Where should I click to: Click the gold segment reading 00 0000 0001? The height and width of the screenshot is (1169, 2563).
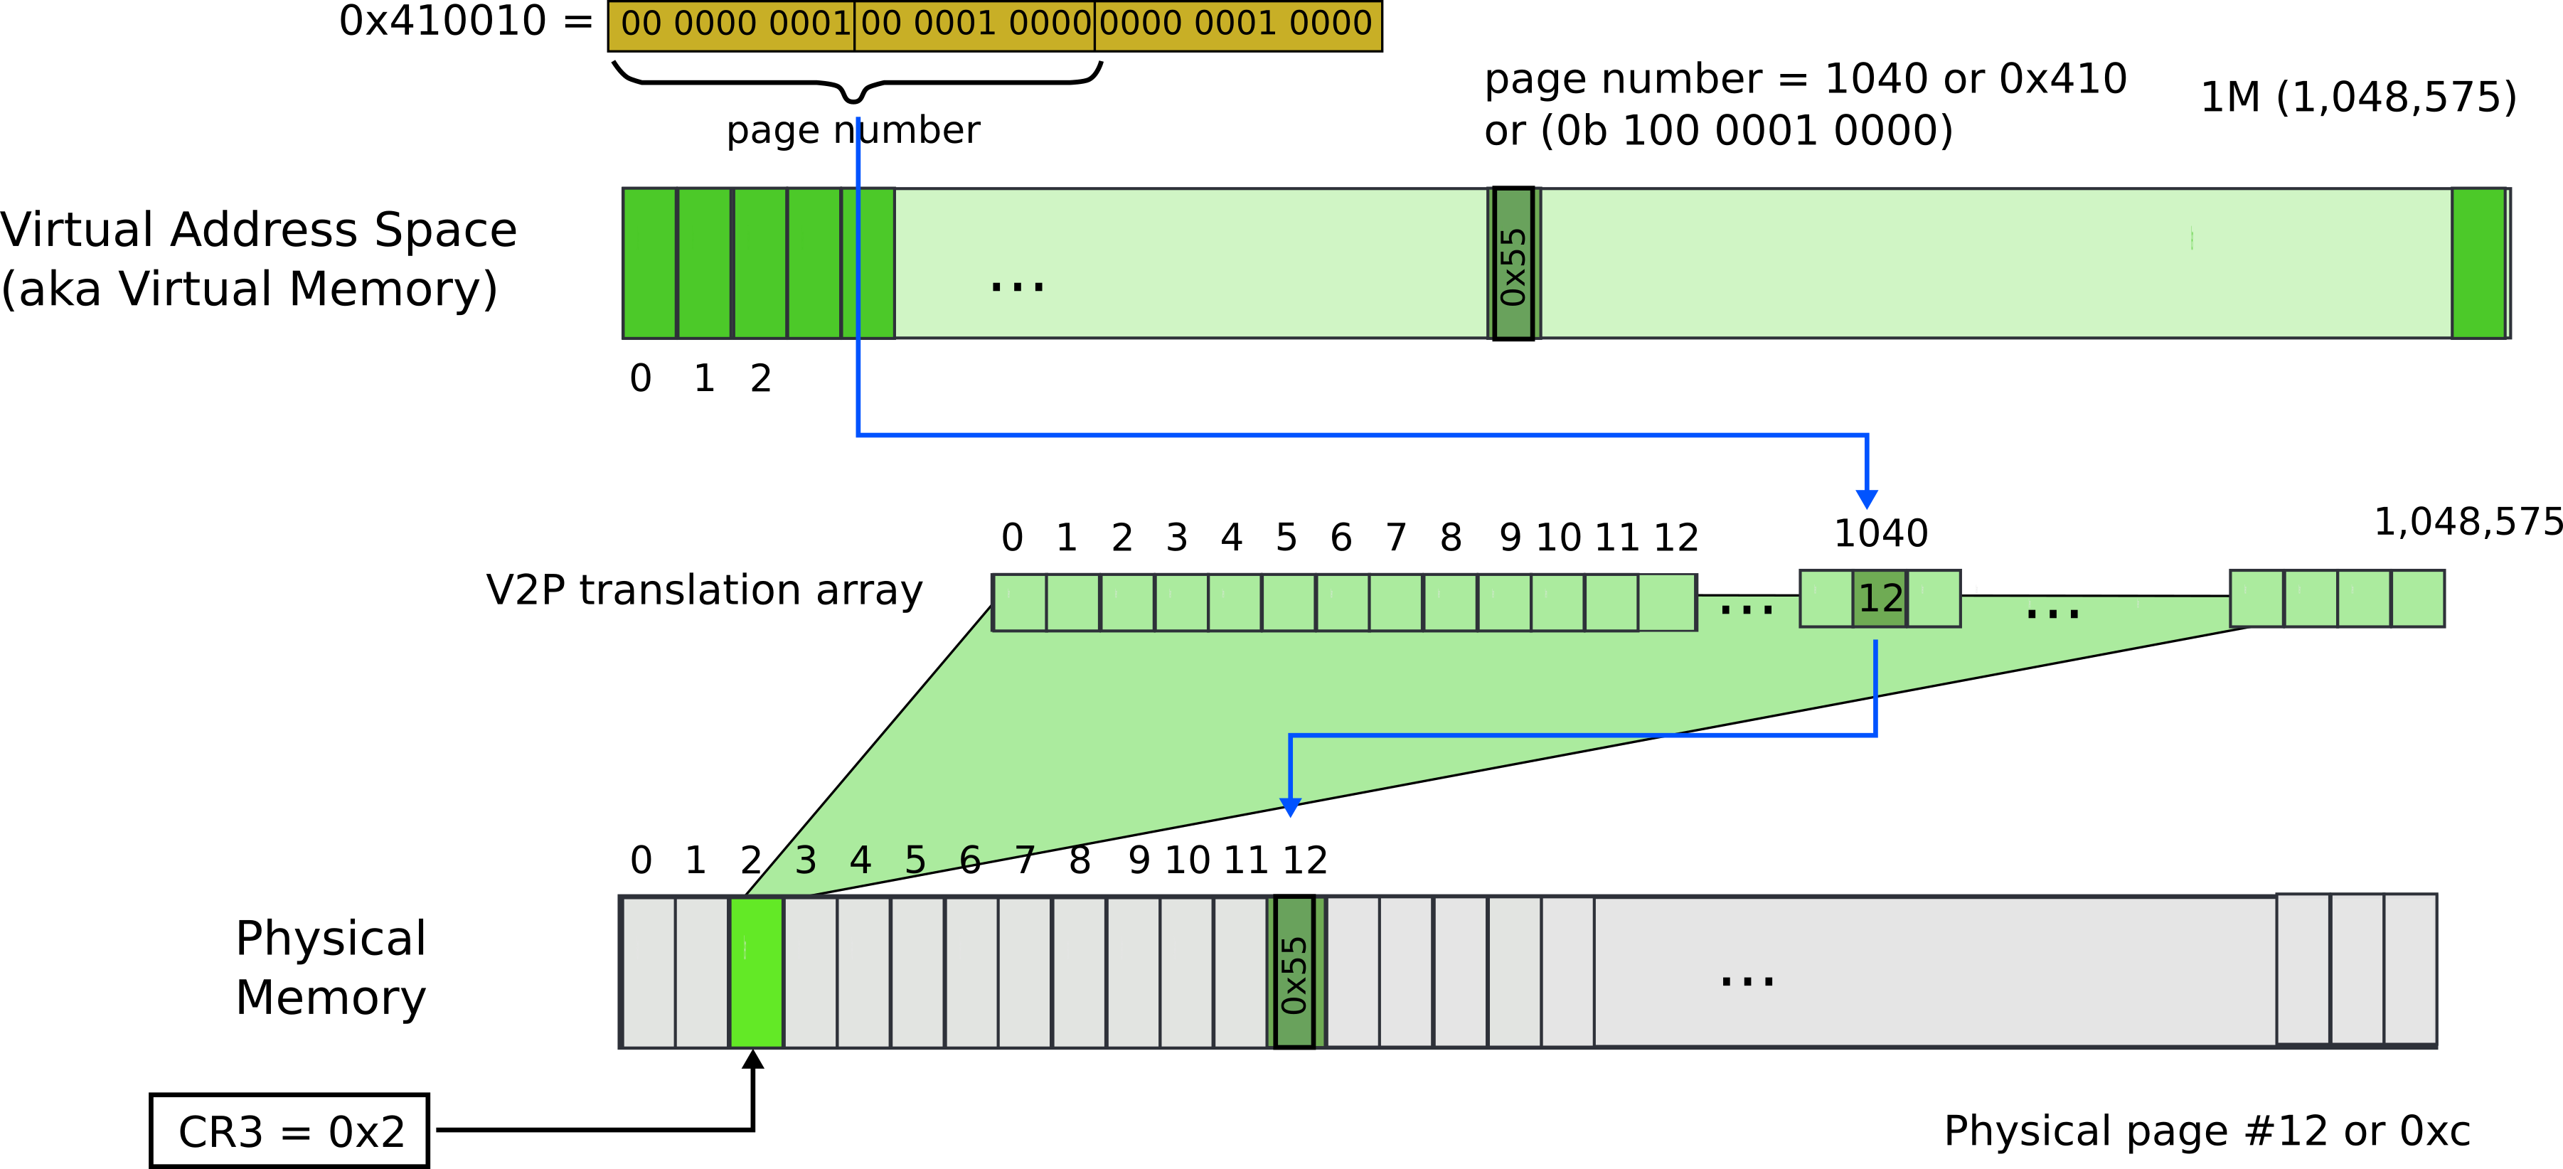pos(732,24)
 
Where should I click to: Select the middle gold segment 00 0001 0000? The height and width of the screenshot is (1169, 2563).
pos(974,24)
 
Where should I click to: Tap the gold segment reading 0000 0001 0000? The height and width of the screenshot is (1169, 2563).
pos(1237,24)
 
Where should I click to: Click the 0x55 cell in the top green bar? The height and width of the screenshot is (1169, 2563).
pos(1513,264)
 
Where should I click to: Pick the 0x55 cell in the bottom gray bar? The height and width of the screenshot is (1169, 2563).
pos(1294,971)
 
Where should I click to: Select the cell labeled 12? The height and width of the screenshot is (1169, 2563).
pos(1880,599)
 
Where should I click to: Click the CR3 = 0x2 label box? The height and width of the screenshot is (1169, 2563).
pos(289,1131)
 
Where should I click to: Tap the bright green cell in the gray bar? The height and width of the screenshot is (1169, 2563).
pos(756,971)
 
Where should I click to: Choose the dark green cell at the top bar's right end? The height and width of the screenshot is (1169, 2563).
pos(2478,264)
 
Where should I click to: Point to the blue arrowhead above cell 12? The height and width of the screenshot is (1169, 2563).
pos(1867,498)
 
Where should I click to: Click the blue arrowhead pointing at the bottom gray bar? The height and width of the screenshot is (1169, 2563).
pos(1291,807)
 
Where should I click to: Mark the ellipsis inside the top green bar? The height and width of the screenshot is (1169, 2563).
pos(1018,287)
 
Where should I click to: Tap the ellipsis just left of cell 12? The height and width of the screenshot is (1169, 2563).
pos(1746,609)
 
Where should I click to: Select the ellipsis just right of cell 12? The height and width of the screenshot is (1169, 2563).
pos(2052,614)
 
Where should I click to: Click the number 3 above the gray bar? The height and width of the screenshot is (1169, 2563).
pos(806,860)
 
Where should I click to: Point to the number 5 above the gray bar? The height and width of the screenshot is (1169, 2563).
pos(915,860)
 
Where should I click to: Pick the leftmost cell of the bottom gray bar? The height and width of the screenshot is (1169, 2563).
pos(649,971)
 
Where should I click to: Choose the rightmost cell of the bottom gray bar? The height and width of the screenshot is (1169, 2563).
pos(2410,969)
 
